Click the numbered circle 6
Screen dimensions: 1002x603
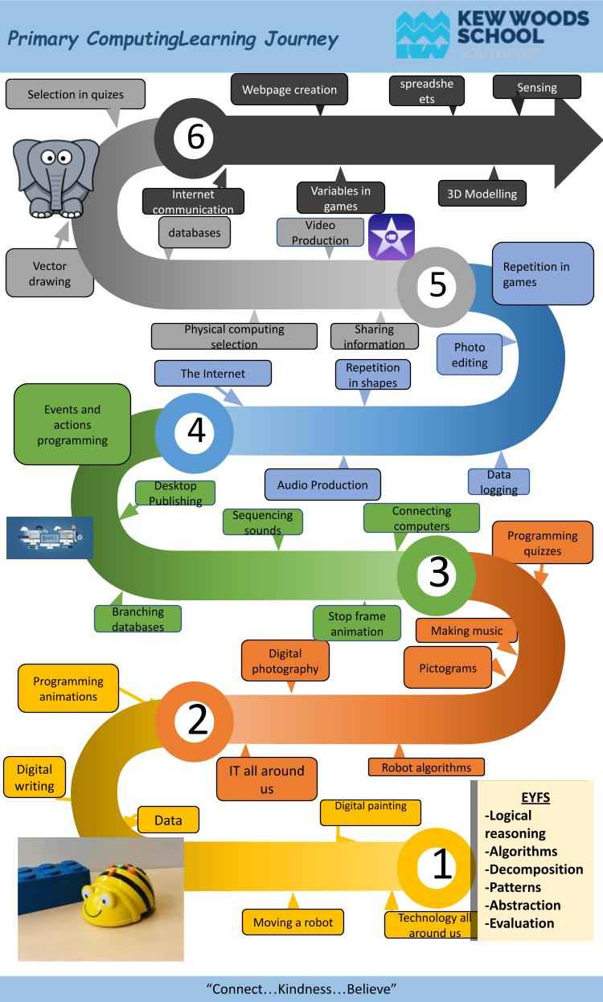coord(195,137)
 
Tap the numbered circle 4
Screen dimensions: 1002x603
coord(195,431)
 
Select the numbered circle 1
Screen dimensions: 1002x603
coord(441,865)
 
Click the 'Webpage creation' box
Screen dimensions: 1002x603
coord(289,90)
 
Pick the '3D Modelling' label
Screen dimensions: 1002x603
coord(482,194)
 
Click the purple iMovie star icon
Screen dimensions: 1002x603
coord(392,236)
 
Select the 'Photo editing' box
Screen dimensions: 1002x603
coord(470,354)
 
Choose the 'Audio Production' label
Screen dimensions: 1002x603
coord(322,485)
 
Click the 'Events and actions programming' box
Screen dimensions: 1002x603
coord(72,424)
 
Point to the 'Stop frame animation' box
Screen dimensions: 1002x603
coord(357,623)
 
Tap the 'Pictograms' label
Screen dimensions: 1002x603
coord(448,668)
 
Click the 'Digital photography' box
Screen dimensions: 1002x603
coord(285,661)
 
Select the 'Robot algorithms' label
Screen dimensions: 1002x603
coord(426,767)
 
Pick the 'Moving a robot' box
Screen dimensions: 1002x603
coord(293,922)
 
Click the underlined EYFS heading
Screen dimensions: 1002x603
coord(535,798)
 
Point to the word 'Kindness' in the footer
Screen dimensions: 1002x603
coord(301,988)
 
